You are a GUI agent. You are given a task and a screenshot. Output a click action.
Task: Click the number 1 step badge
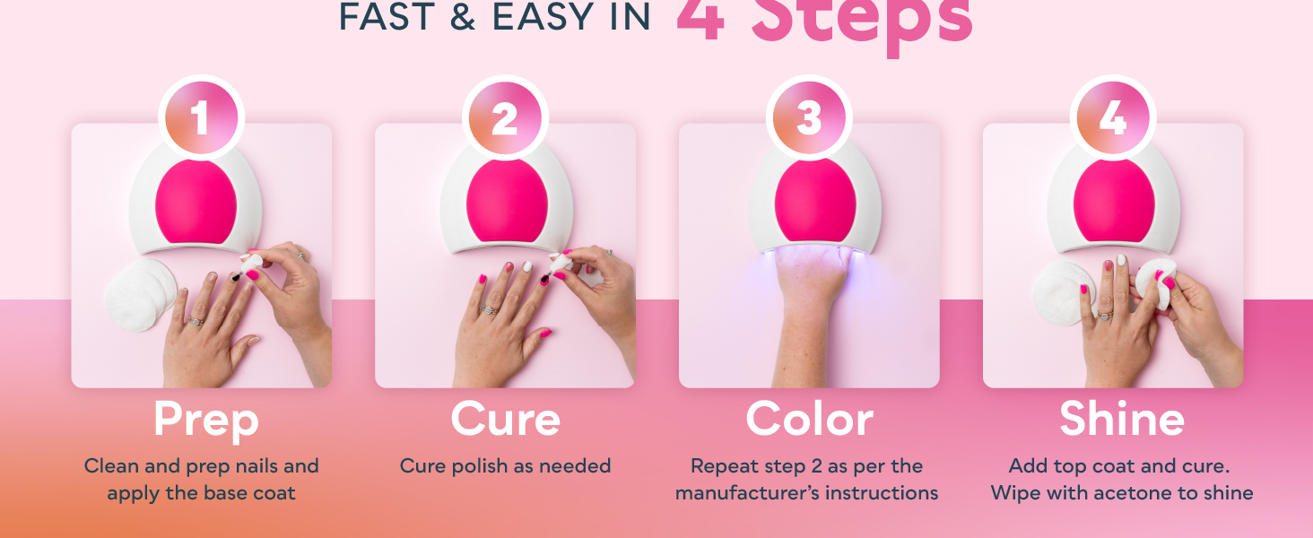[x=201, y=118]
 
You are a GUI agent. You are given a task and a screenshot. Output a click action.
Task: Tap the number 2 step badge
[x=505, y=118]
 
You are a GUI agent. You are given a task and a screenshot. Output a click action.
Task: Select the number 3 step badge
[x=809, y=118]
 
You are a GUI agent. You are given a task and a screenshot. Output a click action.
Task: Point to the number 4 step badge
[x=1113, y=118]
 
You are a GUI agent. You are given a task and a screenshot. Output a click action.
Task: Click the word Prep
[x=205, y=420]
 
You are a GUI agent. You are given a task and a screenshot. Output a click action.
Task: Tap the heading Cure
[x=505, y=420]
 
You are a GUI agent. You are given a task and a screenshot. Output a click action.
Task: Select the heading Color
[x=809, y=420]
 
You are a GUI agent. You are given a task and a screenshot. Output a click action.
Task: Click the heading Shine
[x=1121, y=420]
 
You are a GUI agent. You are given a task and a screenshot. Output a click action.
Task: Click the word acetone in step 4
[x=1145, y=493]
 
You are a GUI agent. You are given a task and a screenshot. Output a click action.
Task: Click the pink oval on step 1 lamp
[x=196, y=201]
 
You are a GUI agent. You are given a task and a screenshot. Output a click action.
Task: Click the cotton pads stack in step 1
[x=141, y=296]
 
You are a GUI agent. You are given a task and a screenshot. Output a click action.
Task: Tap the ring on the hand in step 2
[x=490, y=309]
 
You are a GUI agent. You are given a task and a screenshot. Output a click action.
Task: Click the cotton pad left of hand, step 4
[x=1060, y=296]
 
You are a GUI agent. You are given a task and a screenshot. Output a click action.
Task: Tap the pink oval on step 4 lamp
[x=1114, y=201]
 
